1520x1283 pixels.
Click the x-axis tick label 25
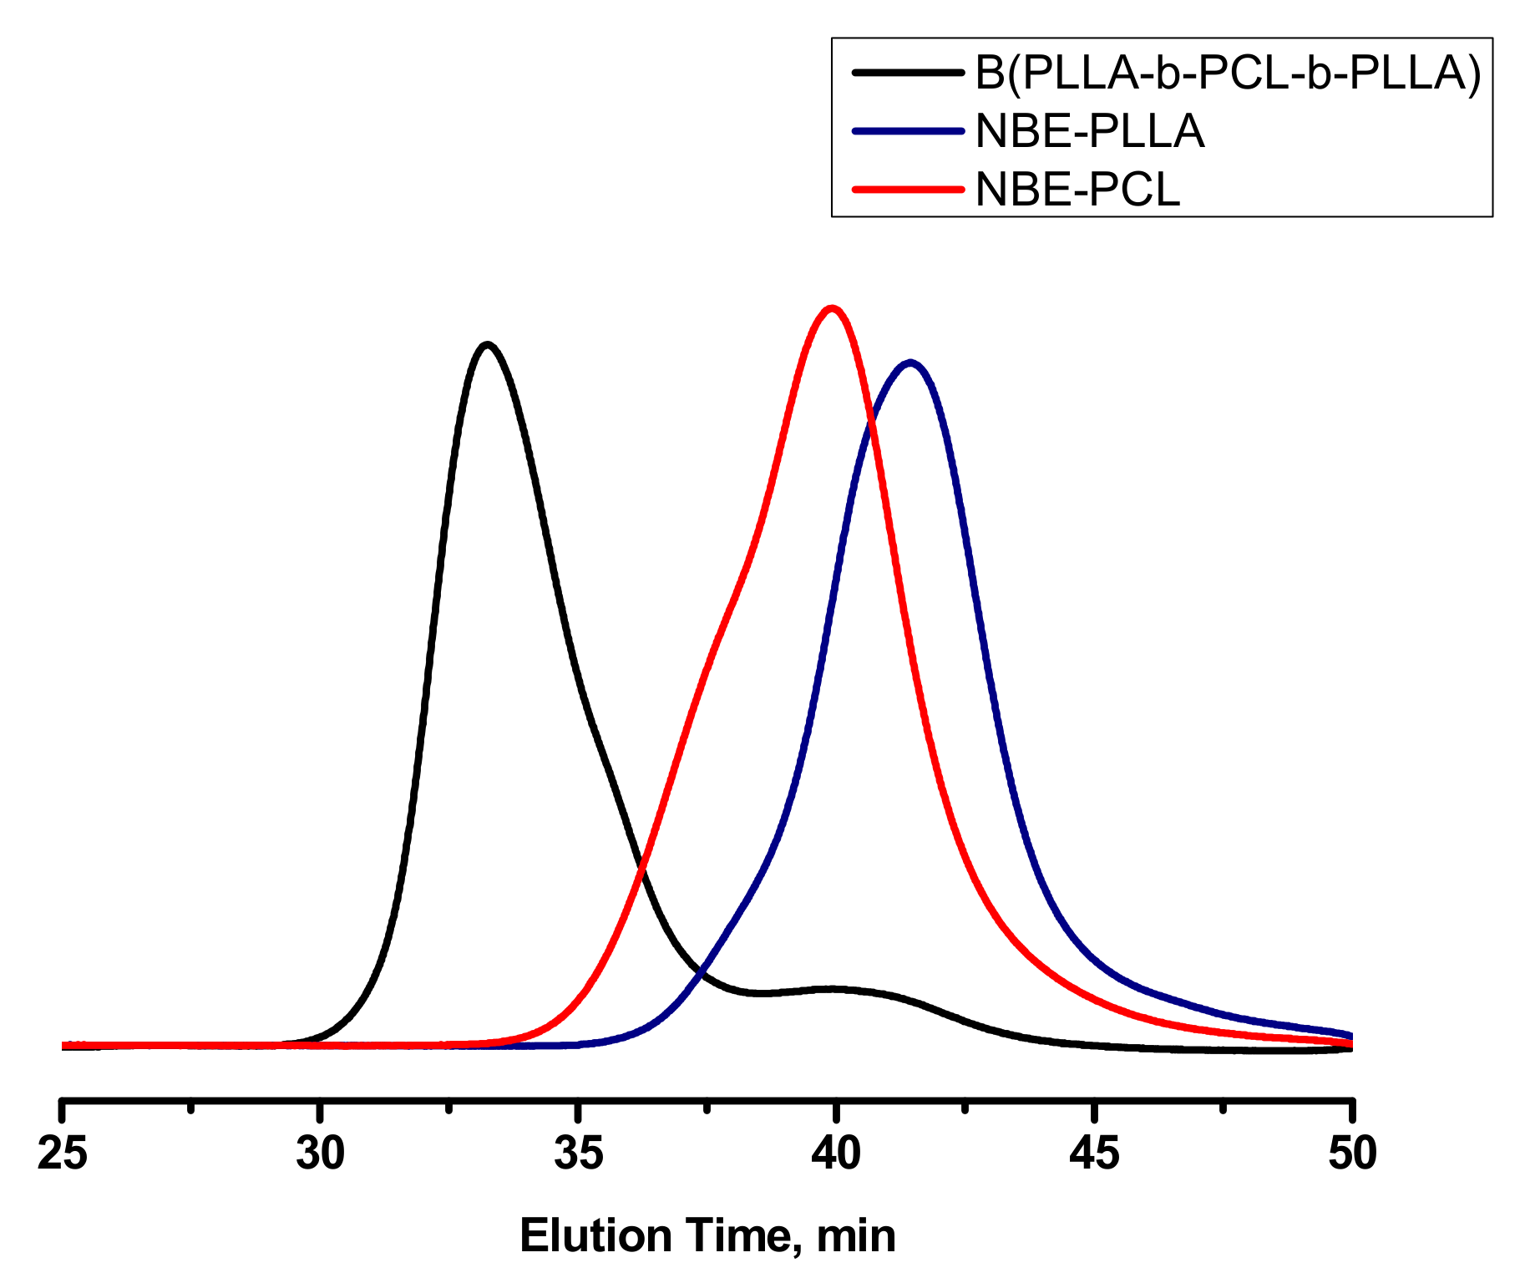63,1154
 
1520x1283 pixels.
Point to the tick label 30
321,1154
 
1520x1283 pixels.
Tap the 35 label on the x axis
578,1154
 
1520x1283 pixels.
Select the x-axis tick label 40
836,1154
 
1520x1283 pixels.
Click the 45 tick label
1094,1154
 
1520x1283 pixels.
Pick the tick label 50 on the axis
1351,1154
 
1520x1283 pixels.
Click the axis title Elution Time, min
707,1235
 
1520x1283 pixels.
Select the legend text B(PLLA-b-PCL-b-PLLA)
1228,74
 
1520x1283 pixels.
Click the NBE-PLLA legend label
1090,131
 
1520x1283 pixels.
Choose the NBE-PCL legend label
1077,190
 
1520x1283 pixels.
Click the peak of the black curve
487,344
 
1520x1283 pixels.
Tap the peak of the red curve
831,308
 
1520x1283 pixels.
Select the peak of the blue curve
910,363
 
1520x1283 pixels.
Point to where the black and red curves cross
641,871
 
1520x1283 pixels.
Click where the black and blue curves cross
703,973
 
